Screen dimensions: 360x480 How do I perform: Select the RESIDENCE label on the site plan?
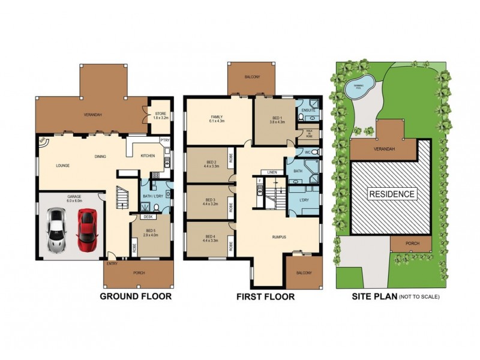[x=391, y=194]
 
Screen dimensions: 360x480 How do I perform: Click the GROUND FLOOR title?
[x=136, y=296]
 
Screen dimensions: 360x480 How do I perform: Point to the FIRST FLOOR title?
[x=266, y=296]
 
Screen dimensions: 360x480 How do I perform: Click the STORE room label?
[x=160, y=113]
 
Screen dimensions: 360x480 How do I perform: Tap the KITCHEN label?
[x=148, y=156]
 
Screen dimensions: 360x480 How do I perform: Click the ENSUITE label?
[x=308, y=111]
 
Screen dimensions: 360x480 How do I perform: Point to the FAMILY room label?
[x=216, y=118]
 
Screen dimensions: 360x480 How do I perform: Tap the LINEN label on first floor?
[x=272, y=172]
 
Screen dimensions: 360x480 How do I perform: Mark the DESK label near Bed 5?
[x=146, y=217]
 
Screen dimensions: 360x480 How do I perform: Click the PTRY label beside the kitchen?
[x=164, y=140]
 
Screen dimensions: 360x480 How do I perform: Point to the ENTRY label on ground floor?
[x=112, y=263]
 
